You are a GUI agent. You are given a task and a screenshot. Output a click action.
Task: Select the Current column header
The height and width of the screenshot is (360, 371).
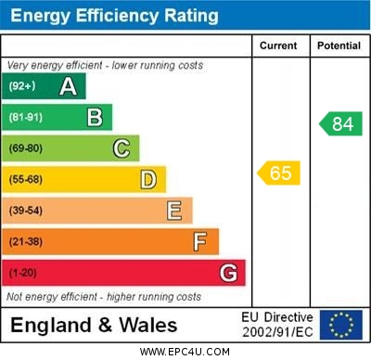click(278, 45)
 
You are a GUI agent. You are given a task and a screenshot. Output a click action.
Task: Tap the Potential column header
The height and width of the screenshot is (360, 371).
click(339, 45)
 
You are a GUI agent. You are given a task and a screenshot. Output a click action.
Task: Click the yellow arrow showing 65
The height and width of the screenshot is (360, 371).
click(278, 173)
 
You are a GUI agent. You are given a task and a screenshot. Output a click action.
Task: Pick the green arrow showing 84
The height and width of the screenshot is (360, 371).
click(339, 123)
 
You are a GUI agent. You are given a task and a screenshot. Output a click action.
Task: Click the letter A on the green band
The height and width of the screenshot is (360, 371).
click(68, 86)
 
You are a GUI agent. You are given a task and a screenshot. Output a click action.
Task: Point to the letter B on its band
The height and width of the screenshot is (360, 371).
click(95, 117)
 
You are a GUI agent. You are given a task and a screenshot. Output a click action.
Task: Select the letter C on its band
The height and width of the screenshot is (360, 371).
click(122, 148)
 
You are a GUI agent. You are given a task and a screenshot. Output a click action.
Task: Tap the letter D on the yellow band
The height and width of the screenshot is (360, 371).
click(148, 179)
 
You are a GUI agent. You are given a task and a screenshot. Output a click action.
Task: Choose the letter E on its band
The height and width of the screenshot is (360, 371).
click(174, 211)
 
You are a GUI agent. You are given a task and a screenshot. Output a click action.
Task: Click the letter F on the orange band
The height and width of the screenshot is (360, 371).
click(200, 241)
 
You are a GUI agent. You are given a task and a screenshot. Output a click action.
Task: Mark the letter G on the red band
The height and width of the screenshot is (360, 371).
click(228, 273)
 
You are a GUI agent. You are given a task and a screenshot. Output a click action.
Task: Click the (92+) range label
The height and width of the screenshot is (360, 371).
click(22, 86)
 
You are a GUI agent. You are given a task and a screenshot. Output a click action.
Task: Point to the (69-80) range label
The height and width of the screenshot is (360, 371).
click(26, 148)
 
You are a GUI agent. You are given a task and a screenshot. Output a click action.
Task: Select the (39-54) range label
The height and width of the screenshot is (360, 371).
click(26, 211)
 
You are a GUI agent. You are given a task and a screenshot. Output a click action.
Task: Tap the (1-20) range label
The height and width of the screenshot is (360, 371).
click(23, 273)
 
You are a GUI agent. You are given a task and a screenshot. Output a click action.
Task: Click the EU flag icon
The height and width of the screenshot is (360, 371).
click(341, 325)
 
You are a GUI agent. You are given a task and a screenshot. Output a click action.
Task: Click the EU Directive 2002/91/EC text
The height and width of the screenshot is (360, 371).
click(277, 325)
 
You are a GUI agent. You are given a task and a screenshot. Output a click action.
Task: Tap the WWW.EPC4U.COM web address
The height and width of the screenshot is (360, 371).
click(185, 352)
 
